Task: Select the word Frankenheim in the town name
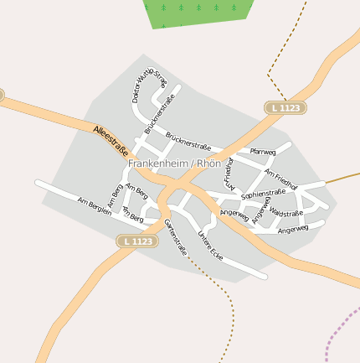click(x=157, y=163)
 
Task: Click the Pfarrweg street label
click(x=262, y=152)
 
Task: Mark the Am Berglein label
click(x=94, y=206)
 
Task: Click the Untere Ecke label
click(x=210, y=244)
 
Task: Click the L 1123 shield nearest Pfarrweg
click(x=285, y=108)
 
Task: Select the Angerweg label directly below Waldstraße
click(x=293, y=228)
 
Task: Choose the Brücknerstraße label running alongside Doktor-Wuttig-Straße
click(x=159, y=115)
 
